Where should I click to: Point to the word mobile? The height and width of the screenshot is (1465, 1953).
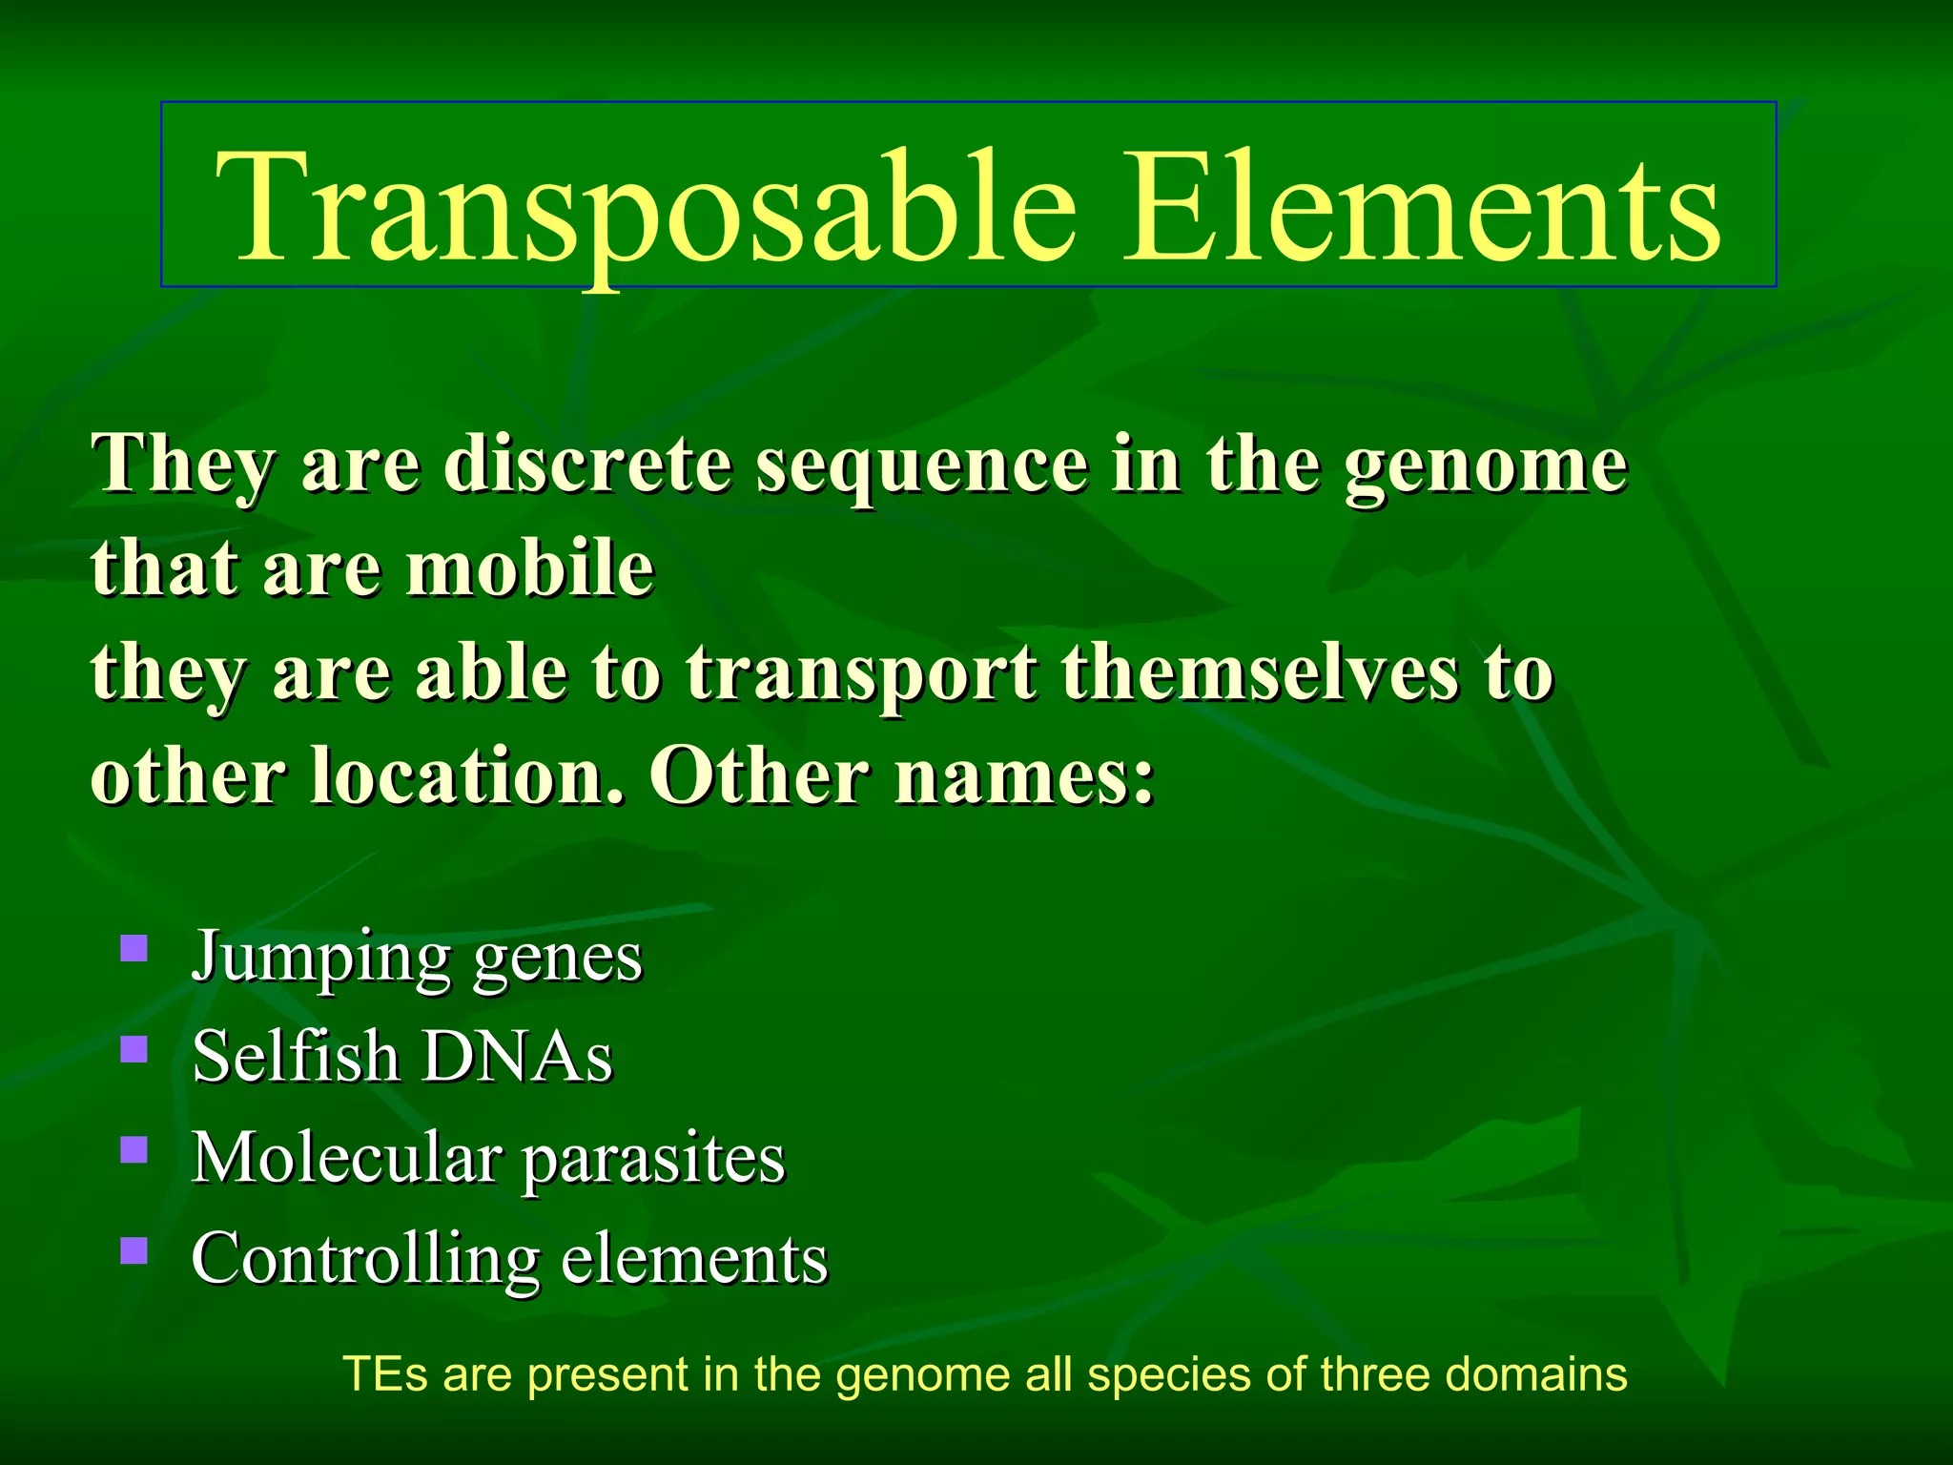click(530, 569)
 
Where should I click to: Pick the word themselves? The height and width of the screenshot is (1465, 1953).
click(1260, 673)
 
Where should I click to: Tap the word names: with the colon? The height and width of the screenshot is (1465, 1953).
click(1025, 776)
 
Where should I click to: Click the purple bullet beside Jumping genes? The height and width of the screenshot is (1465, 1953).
click(134, 948)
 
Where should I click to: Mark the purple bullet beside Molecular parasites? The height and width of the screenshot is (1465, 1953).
click(134, 1149)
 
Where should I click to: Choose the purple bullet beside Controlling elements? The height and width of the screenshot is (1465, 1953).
click(134, 1249)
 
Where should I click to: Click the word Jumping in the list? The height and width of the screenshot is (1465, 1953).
click(320, 957)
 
